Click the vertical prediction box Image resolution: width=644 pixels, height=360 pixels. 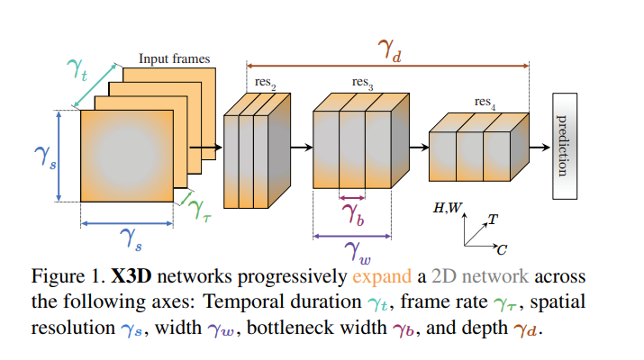(563, 146)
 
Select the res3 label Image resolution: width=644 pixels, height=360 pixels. (363, 83)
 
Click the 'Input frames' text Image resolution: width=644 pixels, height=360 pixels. (174, 58)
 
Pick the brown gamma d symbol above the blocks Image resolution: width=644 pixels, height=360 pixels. (388, 51)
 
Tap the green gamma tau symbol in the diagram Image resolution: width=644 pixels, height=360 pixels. (199, 209)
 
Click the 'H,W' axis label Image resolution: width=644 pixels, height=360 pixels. (448, 209)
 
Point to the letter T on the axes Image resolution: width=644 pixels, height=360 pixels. (493, 219)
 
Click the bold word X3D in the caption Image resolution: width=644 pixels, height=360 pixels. (133, 276)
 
